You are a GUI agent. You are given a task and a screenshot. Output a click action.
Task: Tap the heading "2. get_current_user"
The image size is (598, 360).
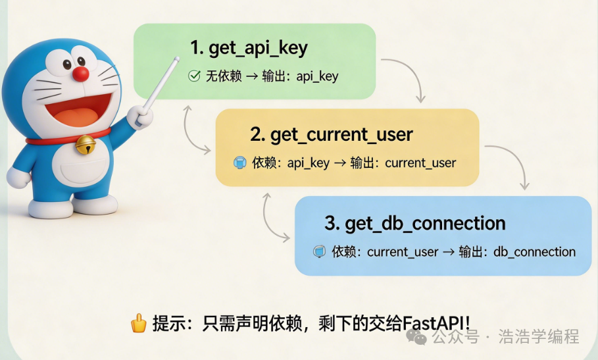click(x=331, y=135)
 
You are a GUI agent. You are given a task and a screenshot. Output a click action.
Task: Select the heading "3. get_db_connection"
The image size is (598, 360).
click(x=415, y=223)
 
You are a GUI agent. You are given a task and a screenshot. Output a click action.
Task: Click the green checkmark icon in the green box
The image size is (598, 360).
click(x=194, y=76)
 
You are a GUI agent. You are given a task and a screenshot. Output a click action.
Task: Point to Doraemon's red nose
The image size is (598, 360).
click(x=81, y=74)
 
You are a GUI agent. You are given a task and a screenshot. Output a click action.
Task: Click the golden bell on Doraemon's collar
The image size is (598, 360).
click(x=84, y=145)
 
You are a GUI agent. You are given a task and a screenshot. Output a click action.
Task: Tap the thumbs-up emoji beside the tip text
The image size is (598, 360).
click(x=138, y=324)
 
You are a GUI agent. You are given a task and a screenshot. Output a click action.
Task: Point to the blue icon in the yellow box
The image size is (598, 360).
click(x=240, y=163)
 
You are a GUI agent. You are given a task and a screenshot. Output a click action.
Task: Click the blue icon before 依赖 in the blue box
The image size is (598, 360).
click(x=320, y=252)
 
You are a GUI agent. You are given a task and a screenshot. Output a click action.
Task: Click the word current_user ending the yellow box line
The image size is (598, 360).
click(x=420, y=163)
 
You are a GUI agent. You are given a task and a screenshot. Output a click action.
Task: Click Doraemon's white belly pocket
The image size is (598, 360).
click(x=79, y=174)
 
